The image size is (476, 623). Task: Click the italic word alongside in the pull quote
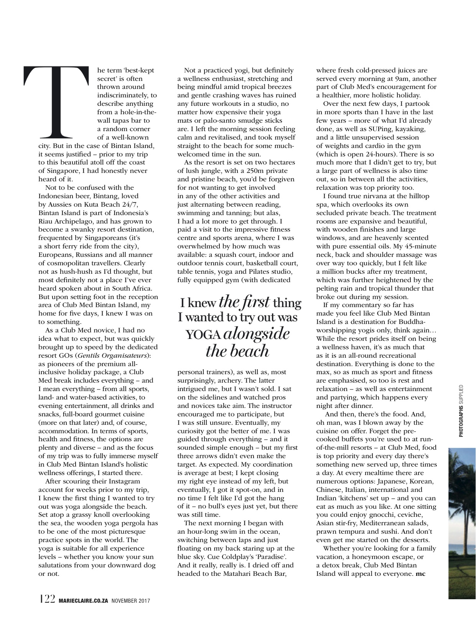(256, 334)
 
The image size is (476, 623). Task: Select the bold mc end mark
(422, 574)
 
